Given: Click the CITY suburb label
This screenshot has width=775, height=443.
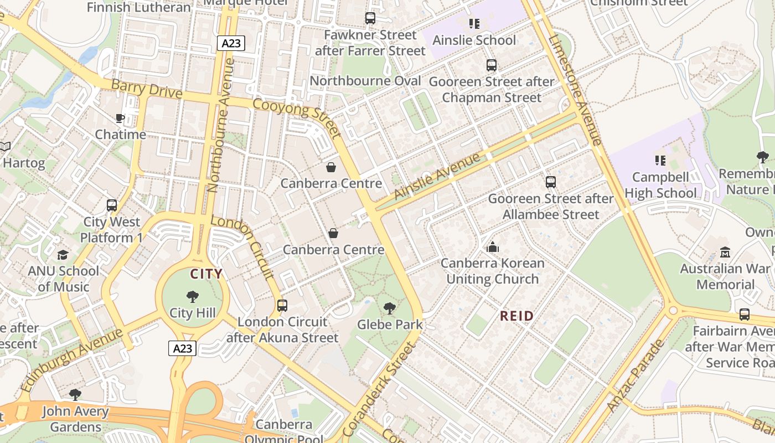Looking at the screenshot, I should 206,274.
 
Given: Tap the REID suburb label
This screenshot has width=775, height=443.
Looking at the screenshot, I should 517,316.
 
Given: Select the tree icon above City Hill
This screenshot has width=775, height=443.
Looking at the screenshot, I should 193,297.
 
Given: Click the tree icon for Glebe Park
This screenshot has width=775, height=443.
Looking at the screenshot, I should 390,308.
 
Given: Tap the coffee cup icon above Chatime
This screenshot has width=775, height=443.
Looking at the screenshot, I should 120,118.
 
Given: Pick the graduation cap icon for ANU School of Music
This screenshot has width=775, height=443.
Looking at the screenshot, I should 63,255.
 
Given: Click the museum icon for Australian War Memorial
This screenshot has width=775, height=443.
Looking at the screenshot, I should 725,253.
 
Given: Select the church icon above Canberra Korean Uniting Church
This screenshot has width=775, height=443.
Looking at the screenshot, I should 492,247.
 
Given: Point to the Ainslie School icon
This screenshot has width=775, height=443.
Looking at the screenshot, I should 474,23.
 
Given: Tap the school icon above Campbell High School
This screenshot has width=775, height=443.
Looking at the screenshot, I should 660,161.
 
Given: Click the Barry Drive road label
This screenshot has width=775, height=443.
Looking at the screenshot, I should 147,89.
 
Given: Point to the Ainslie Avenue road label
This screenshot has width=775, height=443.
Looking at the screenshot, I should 437,177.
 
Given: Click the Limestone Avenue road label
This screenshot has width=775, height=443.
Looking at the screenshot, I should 575,89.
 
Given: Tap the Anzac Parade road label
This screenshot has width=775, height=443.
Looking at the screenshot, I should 635,375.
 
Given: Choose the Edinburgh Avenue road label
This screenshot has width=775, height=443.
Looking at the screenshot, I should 72,360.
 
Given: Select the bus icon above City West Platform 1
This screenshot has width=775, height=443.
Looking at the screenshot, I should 112,205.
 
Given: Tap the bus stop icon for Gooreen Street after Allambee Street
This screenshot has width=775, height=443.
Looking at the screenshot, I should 550,182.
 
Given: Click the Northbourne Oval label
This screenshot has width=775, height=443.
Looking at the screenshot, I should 365,81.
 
